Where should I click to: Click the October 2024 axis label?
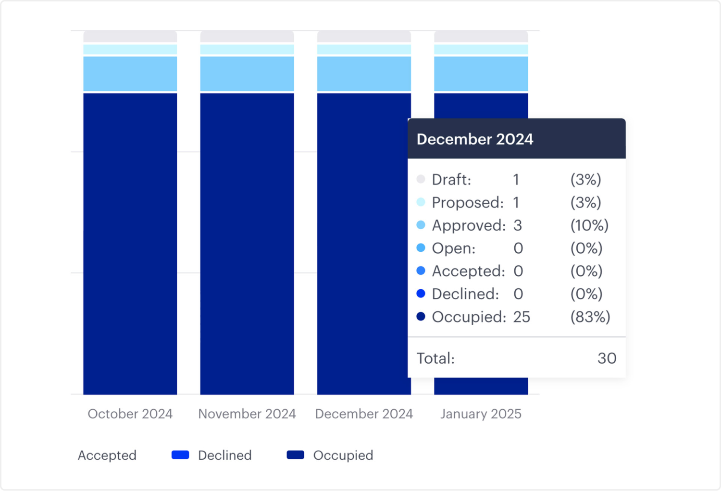(x=130, y=414)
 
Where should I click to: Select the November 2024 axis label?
(x=247, y=414)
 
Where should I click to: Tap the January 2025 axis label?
(x=481, y=414)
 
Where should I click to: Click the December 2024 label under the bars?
(x=364, y=414)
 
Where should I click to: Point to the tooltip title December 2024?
(x=475, y=139)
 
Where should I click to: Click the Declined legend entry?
(x=211, y=455)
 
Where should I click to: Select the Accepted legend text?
(x=107, y=455)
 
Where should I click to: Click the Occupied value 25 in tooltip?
(x=522, y=317)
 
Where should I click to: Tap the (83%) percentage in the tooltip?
(x=590, y=317)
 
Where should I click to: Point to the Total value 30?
(x=607, y=358)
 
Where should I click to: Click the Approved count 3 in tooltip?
(x=518, y=225)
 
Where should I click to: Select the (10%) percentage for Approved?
(x=589, y=225)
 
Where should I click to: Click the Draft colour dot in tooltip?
(x=421, y=179)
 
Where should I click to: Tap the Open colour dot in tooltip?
(x=421, y=248)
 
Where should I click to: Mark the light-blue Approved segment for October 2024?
(x=130, y=74)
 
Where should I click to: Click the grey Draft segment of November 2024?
(x=247, y=37)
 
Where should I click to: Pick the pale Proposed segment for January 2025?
(x=481, y=49)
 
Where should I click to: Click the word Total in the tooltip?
(x=435, y=358)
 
